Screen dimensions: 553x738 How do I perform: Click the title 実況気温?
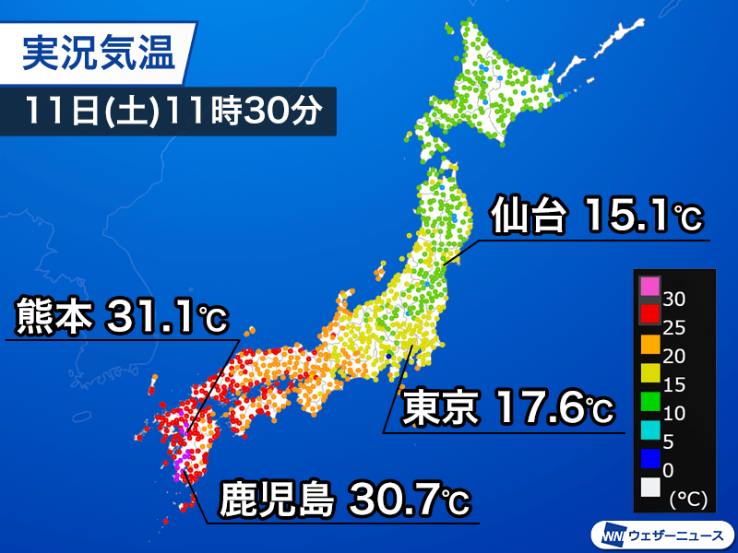[x=97, y=53]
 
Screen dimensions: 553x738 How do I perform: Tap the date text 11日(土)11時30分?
[x=173, y=111]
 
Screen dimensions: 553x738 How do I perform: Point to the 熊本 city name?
[x=53, y=317]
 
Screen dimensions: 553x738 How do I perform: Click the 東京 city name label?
[x=439, y=407]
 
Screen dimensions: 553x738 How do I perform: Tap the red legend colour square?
[x=649, y=314]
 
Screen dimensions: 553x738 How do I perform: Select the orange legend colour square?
[x=649, y=345]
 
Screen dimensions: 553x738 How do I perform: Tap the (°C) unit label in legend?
[x=686, y=498]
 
